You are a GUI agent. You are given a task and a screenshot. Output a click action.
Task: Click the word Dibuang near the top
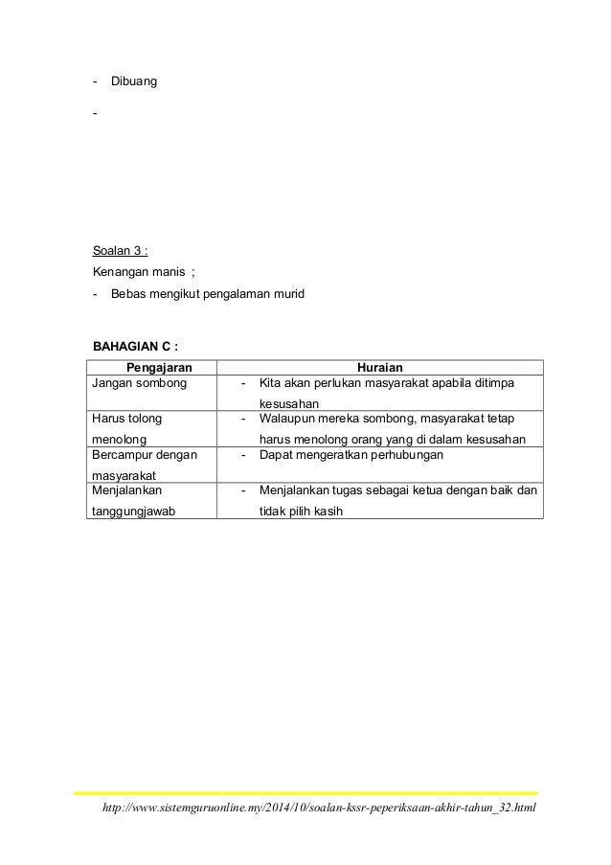point(134,81)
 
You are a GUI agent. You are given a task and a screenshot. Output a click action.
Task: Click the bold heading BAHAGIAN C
point(135,345)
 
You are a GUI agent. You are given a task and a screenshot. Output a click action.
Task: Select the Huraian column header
point(379,366)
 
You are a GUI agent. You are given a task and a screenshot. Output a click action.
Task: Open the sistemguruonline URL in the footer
point(312,812)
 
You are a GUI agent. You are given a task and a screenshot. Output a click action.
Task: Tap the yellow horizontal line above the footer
point(305,792)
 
